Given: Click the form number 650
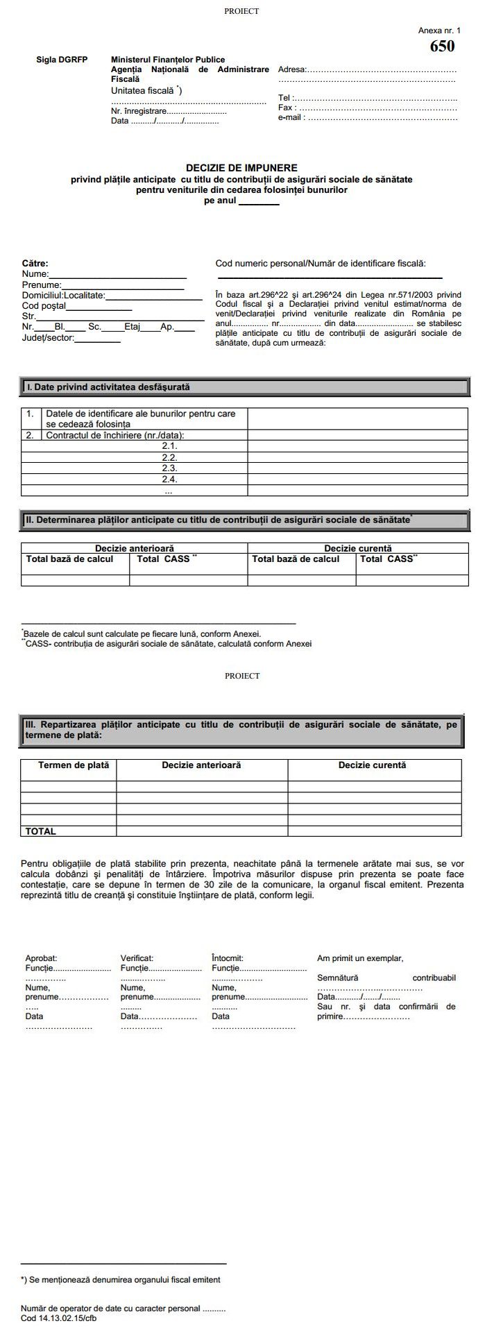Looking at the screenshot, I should tap(442, 46).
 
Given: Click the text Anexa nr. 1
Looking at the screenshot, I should tap(439, 31).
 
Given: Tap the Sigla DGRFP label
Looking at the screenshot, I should tap(62, 60).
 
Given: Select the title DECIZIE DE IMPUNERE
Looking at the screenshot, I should tap(241, 168).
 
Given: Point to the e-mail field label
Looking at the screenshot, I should tap(291, 118).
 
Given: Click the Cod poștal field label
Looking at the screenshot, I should tap(44, 305).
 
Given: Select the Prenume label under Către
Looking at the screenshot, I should tap(42, 284).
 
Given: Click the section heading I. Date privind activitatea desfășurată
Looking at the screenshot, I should tap(108, 386).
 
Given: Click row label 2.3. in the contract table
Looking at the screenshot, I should tap(169, 468).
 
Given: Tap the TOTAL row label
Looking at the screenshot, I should tap(41, 831).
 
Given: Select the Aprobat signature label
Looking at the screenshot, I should tap(41, 958).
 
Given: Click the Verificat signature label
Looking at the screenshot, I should tap(137, 958).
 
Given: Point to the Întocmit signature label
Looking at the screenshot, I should tap(228, 958).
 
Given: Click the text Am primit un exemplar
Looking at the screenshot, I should tap(359, 958).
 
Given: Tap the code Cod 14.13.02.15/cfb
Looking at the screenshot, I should tap(58, 1318).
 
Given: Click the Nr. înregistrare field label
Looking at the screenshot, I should tap(139, 111).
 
